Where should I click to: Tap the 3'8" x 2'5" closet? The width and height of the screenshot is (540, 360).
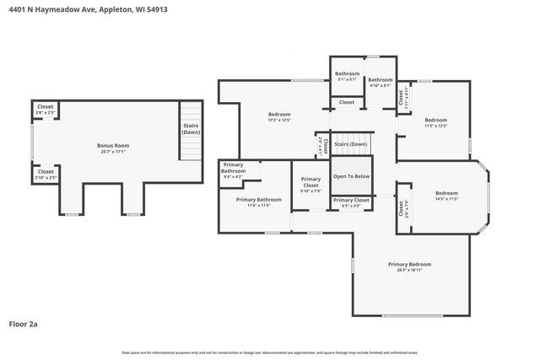46,110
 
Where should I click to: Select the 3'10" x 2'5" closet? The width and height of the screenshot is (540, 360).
46,175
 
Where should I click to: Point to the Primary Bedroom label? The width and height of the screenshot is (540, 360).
409,266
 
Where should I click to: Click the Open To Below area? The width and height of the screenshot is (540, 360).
351,176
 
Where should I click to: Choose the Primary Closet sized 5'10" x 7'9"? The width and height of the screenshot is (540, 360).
310,185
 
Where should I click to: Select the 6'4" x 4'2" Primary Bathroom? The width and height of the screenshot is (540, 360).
234,169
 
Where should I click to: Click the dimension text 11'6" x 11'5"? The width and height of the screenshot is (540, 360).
258,205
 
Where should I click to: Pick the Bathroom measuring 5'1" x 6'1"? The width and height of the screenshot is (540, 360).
347,76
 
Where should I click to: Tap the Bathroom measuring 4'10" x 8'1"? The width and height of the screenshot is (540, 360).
380,77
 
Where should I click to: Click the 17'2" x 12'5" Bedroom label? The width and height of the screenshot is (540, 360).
279,117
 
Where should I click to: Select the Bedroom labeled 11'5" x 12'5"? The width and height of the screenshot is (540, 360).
435,122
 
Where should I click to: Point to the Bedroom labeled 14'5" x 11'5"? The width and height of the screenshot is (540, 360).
446,196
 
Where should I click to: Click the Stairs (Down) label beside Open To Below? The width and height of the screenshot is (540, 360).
351,145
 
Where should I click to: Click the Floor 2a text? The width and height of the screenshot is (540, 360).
24,323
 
